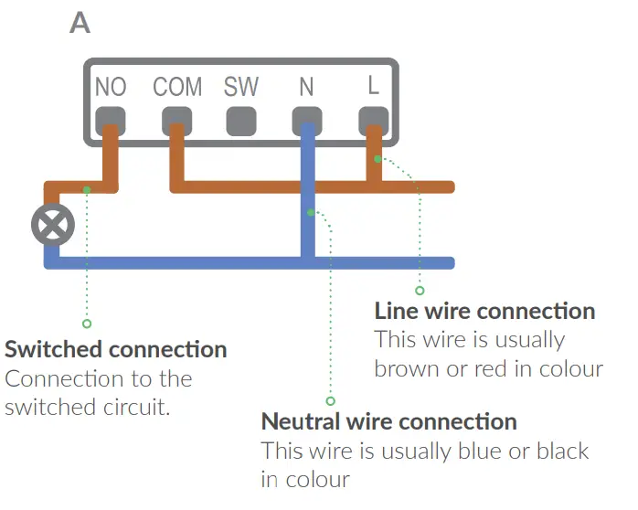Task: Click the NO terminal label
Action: click(111, 88)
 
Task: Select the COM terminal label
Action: click(177, 88)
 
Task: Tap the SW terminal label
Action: click(241, 88)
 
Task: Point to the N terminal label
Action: click(306, 88)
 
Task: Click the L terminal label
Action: click(373, 87)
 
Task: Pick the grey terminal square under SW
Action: click(241, 121)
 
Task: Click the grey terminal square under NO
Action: click(111, 120)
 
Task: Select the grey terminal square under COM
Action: click(176, 120)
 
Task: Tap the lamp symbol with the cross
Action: click(52, 224)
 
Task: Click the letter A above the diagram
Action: click(80, 23)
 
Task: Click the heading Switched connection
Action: click(116, 349)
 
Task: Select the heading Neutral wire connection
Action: click(389, 421)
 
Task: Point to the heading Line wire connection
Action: click(484, 311)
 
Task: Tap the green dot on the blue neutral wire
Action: click(312, 213)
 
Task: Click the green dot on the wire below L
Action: click(377, 159)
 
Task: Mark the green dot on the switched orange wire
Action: click(87, 189)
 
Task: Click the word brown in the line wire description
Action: click(408, 369)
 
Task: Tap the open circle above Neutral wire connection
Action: click(331, 400)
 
